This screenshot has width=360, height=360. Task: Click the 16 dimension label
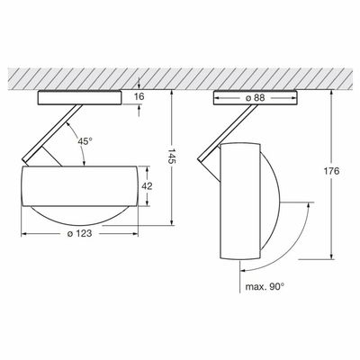pyautogui.click(x=139, y=96)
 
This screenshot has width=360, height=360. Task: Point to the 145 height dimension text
pyautogui.click(x=172, y=156)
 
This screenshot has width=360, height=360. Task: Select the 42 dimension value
pyautogui.click(x=147, y=186)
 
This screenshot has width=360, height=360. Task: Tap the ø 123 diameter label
pyautogui.click(x=79, y=233)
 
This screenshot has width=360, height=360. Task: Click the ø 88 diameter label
pyautogui.click(x=256, y=98)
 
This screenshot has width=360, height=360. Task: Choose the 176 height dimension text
pyautogui.click(x=331, y=171)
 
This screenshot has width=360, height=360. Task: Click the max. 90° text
pyautogui.click(x=265, y=286)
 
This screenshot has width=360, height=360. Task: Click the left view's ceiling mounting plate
pyautogui.click(x=79, y=98)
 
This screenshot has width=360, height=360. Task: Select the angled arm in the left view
pyautogui.click(x=52, y=134)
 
